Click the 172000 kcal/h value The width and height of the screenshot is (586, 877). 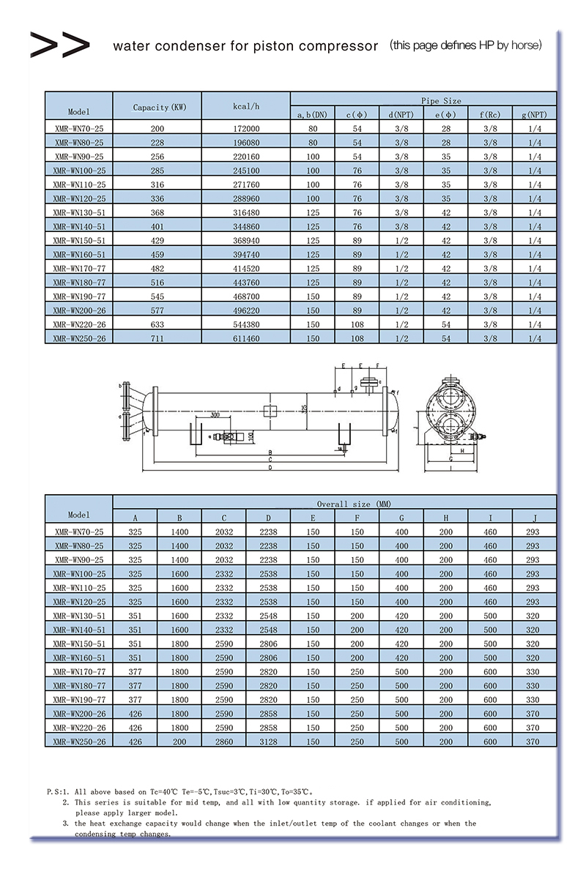click(x=245, y=128)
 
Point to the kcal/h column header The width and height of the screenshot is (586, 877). click(x=245, y=107)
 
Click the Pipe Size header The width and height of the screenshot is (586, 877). click(x=441, y=100)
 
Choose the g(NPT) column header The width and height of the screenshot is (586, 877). click(x=534, y=115)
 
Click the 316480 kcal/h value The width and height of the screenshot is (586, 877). click(x=245, y=212)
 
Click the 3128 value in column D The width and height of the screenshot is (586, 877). click(x=267, y=742)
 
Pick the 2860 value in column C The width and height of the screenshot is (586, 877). click(x=223, y=742)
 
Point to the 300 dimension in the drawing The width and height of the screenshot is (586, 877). click(x=213, y=414)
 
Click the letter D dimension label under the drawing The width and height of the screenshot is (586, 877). click(x=270, y=467)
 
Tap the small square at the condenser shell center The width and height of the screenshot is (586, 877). click(x=270, y=411)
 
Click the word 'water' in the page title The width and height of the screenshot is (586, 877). click(x=130, y=46)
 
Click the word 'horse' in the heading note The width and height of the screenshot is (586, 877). click(x=523, y=45)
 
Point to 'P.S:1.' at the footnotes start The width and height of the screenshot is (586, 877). click(x=58, y=791)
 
